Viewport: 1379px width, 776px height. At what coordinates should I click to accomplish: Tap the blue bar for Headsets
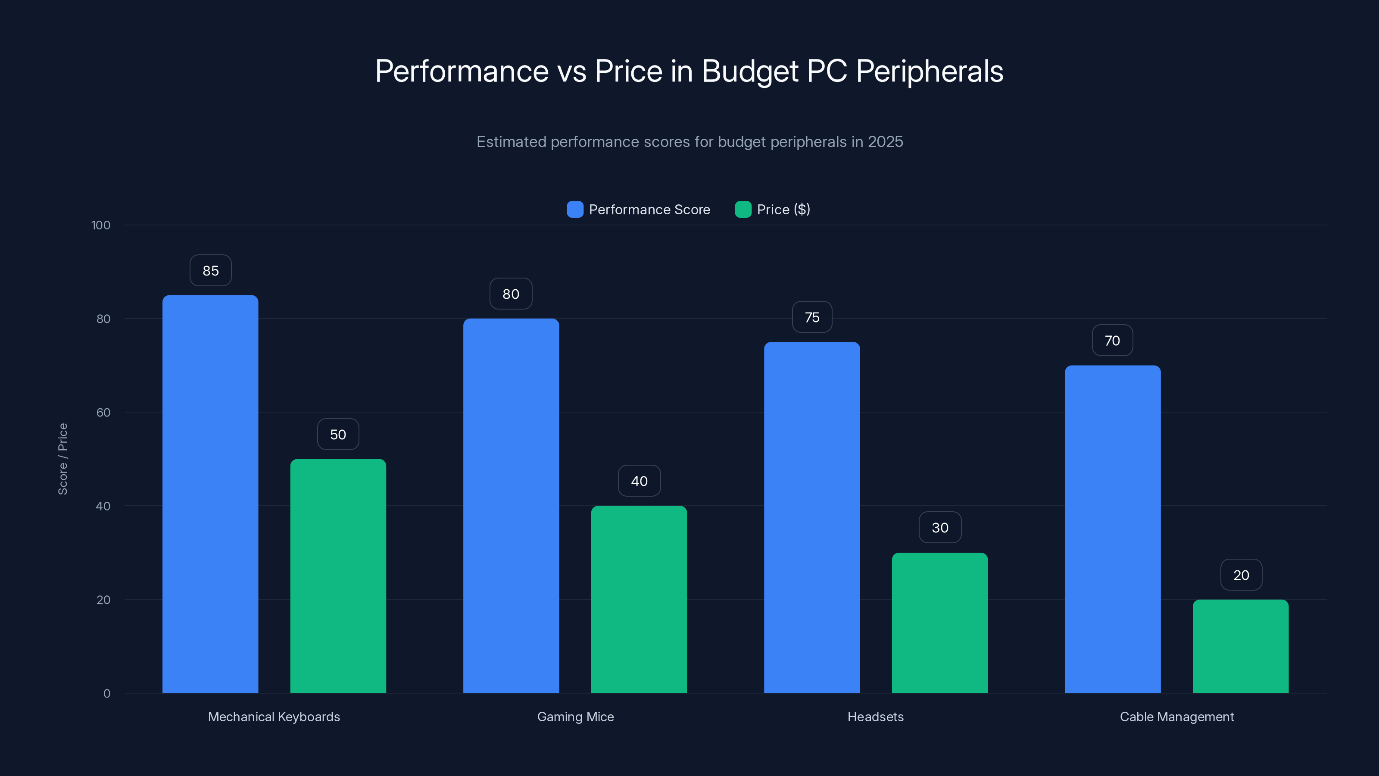click(x=811, y=517)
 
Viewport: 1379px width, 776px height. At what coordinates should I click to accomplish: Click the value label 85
click(x=210, y=270)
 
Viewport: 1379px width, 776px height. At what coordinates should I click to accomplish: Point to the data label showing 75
click(x=811, y=317)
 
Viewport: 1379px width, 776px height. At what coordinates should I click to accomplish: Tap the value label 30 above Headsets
click(x=939, y=528)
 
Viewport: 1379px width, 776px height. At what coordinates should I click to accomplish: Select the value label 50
click(x=338, y=434)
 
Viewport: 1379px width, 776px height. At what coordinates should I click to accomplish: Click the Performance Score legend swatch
click(x=575, y=210)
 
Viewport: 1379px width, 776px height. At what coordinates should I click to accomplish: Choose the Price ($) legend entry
click(x=783, y=210)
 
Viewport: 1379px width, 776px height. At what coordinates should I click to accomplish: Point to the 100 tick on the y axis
click(x=101, y=225)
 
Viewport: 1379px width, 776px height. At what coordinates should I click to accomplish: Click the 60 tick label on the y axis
click(x=103, y=413)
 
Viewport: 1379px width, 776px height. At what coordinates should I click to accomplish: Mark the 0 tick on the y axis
click(x=106, y=694)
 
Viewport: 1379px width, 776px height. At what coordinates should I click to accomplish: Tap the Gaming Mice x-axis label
click(x=575, y=717)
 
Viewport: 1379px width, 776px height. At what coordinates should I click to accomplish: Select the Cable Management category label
click(x=1176, y=717)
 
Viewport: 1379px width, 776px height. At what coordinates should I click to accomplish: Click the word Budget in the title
click(x=749, y=71)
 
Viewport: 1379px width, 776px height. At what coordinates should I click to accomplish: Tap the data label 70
click(x=1112, y=341)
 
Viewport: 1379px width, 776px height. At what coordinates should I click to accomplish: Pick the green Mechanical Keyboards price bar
click(x=338, y=576)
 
